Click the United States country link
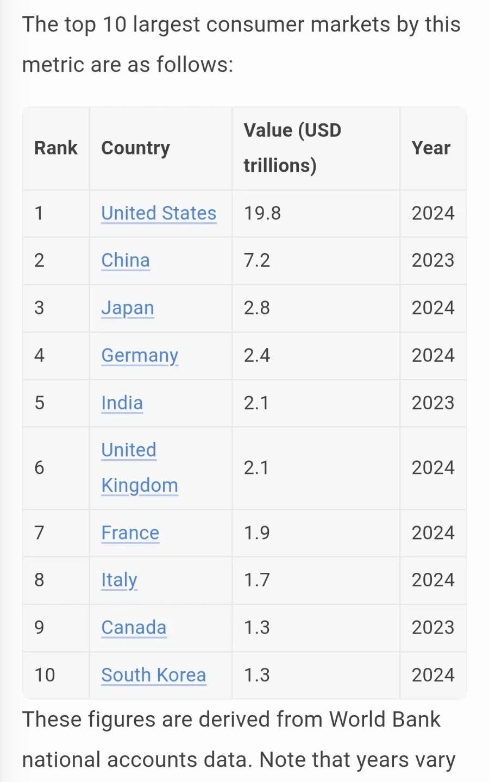159,213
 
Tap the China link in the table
126,260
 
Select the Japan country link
127,308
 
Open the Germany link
140,356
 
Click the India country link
122,403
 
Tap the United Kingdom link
140,468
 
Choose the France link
130,533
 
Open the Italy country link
119,580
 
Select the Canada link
134,627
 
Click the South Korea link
154,675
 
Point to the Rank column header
56,148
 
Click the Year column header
431,148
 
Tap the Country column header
135,148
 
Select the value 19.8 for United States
262,214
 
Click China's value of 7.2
257,260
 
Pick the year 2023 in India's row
433,403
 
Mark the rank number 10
45,675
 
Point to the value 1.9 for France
257,533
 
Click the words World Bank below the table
385,720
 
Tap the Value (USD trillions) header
292,148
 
